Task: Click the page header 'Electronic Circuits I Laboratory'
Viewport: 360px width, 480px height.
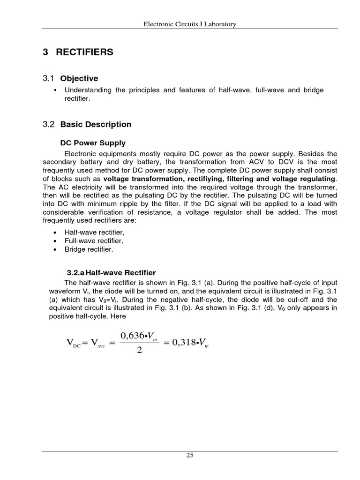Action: point(189,24)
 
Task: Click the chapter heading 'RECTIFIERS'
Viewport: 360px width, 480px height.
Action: point(84,52)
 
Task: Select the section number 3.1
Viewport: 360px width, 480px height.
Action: point(49,78)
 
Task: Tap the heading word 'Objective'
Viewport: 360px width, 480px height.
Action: point(79,78)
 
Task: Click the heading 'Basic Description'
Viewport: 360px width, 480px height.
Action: point(96,124)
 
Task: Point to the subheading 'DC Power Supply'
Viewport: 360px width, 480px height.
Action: point(93,143)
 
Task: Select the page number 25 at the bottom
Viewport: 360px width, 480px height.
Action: point(190,455)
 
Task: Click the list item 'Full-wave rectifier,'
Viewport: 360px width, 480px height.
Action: point(94,241)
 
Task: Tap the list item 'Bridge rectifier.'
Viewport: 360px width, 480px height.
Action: point(89,249)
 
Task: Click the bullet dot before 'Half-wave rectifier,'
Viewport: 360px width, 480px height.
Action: point(55,232)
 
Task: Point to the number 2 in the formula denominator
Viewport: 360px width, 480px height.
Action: point(139,350)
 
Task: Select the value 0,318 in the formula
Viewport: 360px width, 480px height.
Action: point(184,343)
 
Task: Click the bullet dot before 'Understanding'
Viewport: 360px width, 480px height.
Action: point(55,90)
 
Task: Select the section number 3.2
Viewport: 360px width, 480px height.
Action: point(49,124)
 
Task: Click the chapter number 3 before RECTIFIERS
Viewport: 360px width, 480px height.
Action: point(45,52)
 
